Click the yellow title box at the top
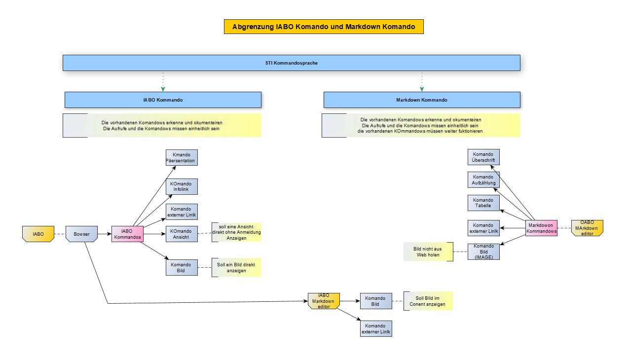[x=324, y=27]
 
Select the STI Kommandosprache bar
[x=291, y=63]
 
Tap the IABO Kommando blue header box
[x=163, y=100]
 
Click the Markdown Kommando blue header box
[x=422, y=100]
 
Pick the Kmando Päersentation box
[x=182, y=158]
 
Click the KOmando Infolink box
[x=182, y=187]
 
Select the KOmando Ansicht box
[x=182, y=234]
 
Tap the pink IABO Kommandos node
[x=127, y=234]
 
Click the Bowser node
[x=82, y=234]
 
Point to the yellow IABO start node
[x=38, y=234]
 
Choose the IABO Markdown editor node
[x=324, y=301]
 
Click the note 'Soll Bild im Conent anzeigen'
[x=428, y=301]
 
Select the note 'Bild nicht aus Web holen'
[x=428, y=252]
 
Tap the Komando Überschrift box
[x=483, y=157]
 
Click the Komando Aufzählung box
[x=483, y=180]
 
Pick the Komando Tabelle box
[x=483, y=203]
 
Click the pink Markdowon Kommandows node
[x=541, y=228]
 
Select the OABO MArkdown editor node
[x=587, y=228]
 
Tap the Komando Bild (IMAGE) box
[x=483, y=252]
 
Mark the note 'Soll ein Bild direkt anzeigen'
[x=236, y=267]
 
